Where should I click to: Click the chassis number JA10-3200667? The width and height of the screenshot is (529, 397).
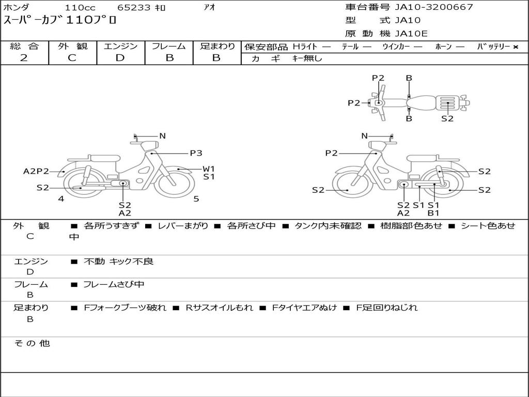pos(433,7)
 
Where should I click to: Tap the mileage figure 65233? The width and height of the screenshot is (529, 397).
pos(134,7)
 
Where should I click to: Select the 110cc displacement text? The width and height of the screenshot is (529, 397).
pos(80,7)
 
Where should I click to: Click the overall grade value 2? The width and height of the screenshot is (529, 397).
pos(24,58)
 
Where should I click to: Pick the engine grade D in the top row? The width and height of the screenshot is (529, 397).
pos(120,58)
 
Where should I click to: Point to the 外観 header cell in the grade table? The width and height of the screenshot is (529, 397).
pos(72,46)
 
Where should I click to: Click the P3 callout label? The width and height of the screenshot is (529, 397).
pos(196,153)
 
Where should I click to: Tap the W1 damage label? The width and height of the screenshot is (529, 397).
pos(209,169)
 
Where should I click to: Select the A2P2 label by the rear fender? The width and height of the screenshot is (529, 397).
pos(36,171)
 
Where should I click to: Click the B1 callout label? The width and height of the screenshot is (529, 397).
pos(433,213)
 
